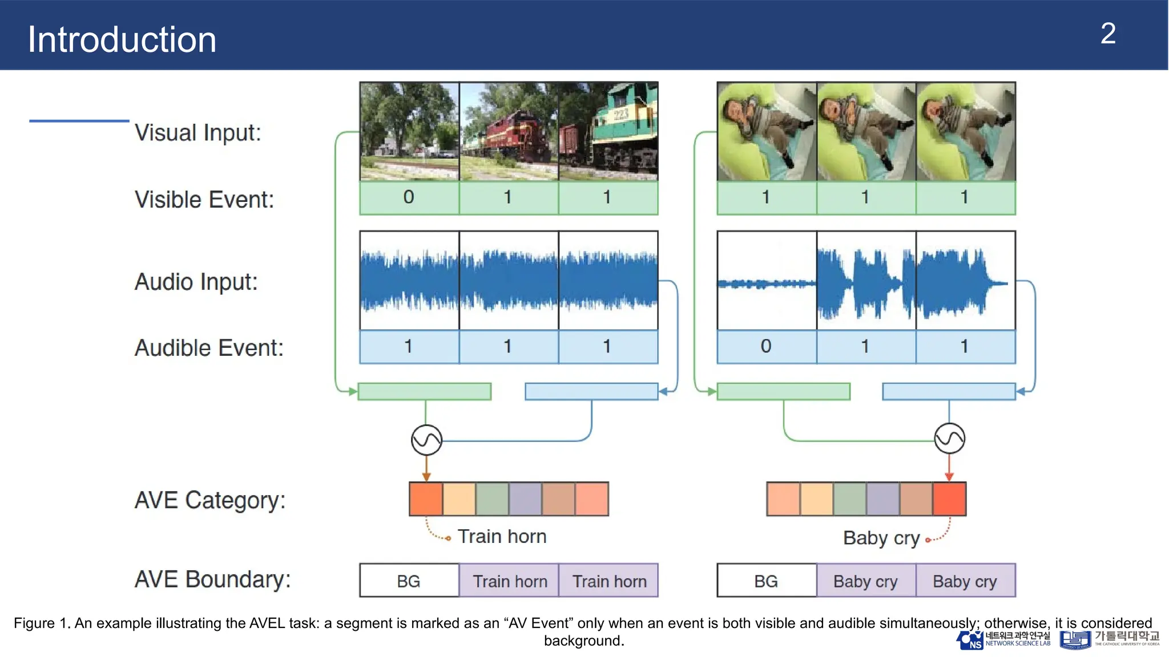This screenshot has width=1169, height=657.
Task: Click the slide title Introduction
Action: pos(122,40)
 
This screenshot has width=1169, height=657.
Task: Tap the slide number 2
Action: pos(1108,34)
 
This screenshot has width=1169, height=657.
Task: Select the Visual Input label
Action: pos(197,133)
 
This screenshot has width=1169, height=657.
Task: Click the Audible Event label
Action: pos(209,348)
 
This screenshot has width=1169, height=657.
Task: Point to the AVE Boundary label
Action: pos(212,579)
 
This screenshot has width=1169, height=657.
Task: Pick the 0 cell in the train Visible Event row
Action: pos(409,197)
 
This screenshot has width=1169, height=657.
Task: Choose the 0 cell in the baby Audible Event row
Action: pos(766,346)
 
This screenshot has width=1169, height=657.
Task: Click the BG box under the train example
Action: pos(409,581)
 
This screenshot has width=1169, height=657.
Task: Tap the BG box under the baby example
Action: pos(766,581)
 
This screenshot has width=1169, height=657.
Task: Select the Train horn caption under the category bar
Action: pos(502,537)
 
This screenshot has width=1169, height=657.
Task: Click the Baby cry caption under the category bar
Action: pos(881,538)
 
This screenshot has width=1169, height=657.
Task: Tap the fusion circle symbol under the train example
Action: pos(426,440)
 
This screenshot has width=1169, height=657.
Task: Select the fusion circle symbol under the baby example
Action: pos(949,439)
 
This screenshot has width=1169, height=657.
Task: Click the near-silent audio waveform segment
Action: pos(767,283)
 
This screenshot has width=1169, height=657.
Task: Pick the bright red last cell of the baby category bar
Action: pos(949,499)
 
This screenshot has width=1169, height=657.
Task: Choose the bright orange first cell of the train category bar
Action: pos(426,499)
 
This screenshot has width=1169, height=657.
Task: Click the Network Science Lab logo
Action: pos(1003,640)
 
